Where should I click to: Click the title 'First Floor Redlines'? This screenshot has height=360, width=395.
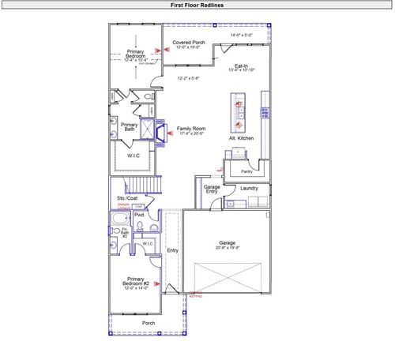pos(197,5)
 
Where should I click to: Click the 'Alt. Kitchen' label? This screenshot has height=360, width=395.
pos(239,138)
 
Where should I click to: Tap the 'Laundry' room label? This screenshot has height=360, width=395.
pos(250,189)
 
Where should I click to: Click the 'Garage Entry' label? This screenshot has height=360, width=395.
pos(212,189)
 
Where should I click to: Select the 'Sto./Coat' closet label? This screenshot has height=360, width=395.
pos(127,198)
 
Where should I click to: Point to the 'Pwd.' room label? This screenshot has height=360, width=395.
pos(139,214)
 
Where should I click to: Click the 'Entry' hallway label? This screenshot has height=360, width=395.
pos(172,251)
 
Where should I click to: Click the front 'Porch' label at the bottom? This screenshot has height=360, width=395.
pos(148,322)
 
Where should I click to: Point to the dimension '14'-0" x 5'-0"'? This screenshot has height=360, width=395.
pos(240,36)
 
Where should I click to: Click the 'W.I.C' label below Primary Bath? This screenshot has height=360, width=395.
pos(134,156)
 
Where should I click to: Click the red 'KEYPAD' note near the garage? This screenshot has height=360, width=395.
pos(195,296)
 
